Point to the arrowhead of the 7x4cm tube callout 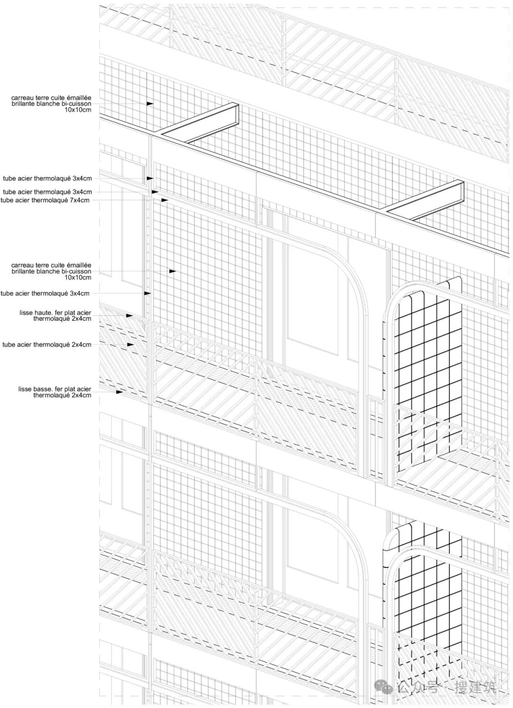tap(164, 200)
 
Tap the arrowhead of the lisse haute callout tap(129, 315)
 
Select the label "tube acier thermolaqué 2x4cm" tap(47, 345)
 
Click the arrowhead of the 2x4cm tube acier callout tap(130, 345)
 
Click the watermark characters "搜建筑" tap(475, 687)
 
